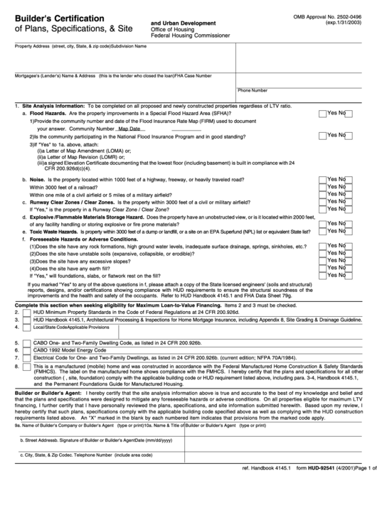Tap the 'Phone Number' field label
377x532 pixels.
[x=253, y=91]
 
